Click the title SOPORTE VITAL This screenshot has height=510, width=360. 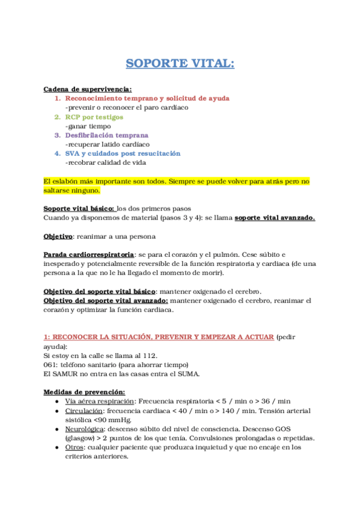coord(180,64)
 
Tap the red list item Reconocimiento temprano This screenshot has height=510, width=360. coord(147,98)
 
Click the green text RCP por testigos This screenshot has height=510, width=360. coord(94,117)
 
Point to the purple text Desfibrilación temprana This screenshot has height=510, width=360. coord(106,135)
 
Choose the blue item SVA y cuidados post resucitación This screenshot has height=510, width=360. coord(123,153)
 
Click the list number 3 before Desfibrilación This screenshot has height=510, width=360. coord(58,135)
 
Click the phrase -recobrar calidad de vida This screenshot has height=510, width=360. coord(105,162)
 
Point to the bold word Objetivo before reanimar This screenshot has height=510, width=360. coord(58,236)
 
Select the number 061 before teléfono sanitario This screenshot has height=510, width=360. coord(51,365)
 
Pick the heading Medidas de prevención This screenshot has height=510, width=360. coord(84,392)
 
